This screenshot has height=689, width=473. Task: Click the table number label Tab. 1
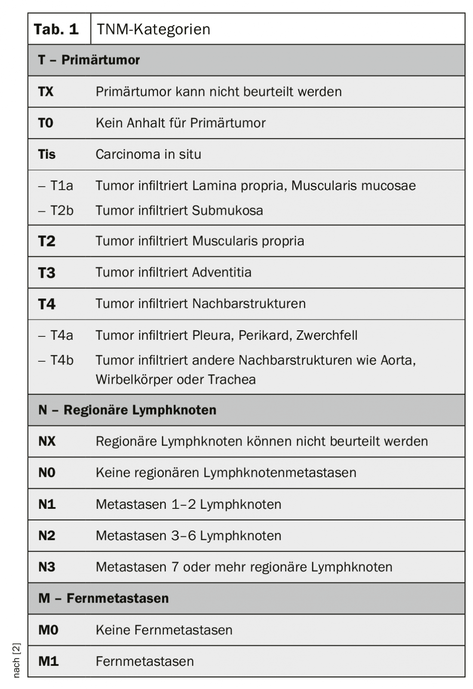56,29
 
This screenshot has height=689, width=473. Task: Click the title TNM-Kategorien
154,29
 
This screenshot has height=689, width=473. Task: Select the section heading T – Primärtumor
89,60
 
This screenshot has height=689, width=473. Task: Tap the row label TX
46,92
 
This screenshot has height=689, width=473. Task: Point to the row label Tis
47,154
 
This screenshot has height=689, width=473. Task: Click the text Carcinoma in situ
148,154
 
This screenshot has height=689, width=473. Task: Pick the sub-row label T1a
61,186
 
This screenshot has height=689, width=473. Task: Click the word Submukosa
227,211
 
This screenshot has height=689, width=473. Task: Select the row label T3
47,273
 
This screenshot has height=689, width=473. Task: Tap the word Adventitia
221,272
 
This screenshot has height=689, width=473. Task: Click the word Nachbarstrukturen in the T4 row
249,304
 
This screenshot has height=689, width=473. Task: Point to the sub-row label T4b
61,360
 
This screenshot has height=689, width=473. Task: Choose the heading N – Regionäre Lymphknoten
127,410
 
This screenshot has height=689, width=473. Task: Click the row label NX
47,441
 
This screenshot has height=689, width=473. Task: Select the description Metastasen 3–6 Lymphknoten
188,536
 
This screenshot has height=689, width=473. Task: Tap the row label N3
47,567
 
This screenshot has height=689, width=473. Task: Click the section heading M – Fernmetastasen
104,598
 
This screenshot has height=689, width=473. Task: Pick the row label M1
48,661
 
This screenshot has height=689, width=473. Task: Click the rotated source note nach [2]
16,660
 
